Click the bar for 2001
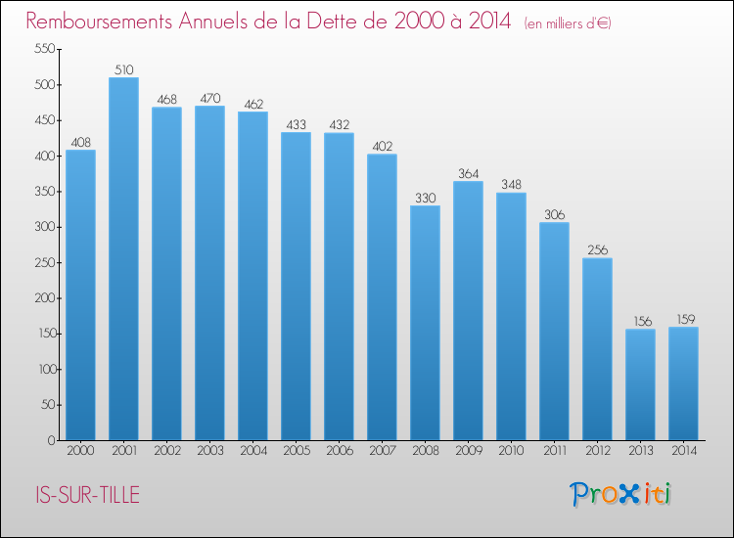(123, 258)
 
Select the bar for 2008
(425, 323)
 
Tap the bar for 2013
(640, 384)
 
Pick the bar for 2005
(296, 287)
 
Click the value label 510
(124, 69)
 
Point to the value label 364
(469, 173)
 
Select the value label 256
(598, 249)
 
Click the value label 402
(383, 147)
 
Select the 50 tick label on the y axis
(48, 405)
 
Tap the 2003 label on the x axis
(210, 451)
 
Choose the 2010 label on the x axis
(511, 451)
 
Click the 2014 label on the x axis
(684, 451)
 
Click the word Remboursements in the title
(99, 21)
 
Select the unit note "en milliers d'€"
(568, 23)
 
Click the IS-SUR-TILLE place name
(87, 495)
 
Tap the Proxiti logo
(620, 494)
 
